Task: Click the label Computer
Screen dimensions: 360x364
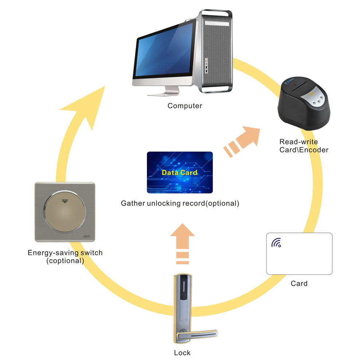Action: [185, 106]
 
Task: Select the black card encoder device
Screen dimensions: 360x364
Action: [304, 103]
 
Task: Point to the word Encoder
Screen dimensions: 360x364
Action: [314, 150]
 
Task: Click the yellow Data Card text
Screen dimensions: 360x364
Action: [180, 173]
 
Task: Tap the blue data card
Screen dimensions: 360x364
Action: [180, 173]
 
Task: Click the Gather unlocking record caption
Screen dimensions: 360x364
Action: [180, 203]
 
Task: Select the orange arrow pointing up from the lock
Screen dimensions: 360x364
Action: [183, 244]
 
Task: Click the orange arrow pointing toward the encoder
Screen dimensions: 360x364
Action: [242, 141]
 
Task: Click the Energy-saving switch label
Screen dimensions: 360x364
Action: [65, 257]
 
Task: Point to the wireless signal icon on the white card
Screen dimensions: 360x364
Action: [276, 243]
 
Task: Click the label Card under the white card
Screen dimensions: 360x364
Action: [299, 284]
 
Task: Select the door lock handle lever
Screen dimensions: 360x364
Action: [197, 335]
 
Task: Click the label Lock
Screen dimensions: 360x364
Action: [182, 353]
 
